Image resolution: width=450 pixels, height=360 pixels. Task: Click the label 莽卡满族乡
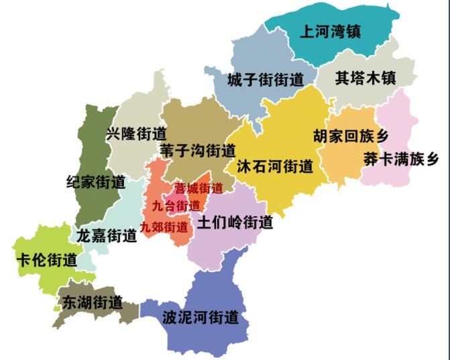click(x=401, y=160)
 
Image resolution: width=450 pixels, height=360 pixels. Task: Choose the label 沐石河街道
click(x=275, y=166)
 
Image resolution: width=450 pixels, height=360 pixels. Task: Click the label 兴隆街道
click(x=136, y=133)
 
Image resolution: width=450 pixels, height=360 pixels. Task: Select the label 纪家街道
click(x=97, y=182)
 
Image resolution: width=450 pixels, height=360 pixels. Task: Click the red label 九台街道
click(x=176, y=205)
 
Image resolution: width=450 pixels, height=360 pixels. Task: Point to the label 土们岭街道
click(x=235, y=222)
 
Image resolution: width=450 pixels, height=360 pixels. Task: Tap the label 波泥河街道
click(x=201, y=317)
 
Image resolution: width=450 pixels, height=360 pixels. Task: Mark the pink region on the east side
click(x=402, y=121)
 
